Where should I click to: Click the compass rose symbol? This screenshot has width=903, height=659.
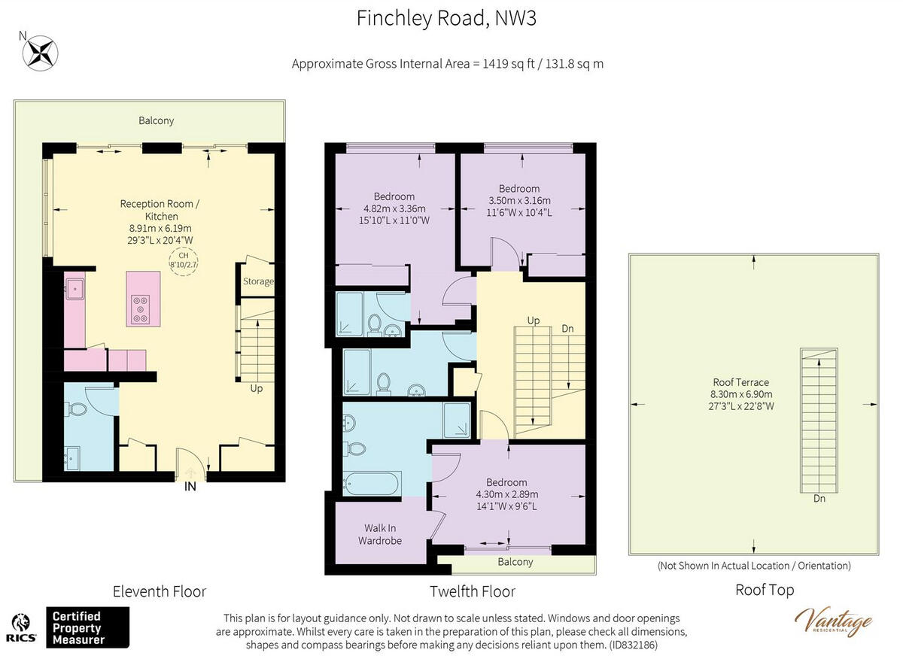(x=41, y=53)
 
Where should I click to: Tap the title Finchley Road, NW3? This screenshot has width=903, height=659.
(x=447, y=19)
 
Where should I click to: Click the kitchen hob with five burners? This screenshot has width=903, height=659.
(x=140, y=309)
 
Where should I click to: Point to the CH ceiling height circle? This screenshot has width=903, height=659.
(x=184, y=261)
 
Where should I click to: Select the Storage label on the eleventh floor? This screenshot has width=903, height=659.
(x=258, y=281)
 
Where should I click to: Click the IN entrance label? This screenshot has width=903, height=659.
(x=190, y=487)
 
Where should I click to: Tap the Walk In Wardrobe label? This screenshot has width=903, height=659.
(x=380, y=534)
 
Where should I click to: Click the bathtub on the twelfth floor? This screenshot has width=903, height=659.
(x=372, y=483)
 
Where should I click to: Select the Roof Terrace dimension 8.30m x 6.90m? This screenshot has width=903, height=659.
(x=741, y=393)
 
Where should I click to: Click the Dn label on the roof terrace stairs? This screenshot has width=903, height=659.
(x=819, y=499)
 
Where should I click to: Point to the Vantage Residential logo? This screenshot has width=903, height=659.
(x=834, y=623)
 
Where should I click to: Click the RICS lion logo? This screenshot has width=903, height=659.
(x=21, y=627)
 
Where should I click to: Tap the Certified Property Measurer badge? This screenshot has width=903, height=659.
(x=87, y=627)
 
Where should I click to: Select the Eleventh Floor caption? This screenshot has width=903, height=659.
(x=160, y=592)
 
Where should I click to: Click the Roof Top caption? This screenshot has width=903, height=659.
(x=765, y=591)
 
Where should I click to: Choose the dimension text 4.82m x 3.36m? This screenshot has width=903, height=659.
(x=394, y=209)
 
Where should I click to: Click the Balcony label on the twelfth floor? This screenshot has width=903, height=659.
(x=515, y=562)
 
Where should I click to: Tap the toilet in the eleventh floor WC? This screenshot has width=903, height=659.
(x=78, y=409)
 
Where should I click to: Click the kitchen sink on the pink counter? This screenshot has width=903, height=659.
(x=75, y=289)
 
